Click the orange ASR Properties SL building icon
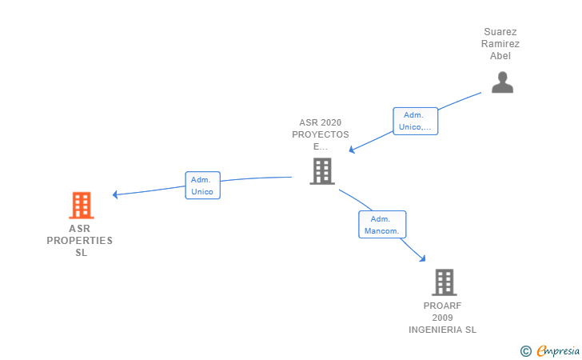tap(81, 206)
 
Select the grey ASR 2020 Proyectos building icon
tap(321, 170)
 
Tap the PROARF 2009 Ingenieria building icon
tap(444, 282)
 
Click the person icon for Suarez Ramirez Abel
tap(501, 82)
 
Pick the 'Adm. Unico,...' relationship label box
tap(416, 121)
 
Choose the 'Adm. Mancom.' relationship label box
tap(381, 225)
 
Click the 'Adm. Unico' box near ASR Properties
tap(202, 186)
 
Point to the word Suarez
tap(500, 32)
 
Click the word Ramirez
tap(500, 44)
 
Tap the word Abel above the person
tap(500, 56)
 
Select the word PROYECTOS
tap(320, 134)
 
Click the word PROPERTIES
tap(80, 241)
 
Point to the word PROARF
tap(443, 306)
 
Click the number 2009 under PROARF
tap(443, 318)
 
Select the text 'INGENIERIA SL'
tap(442, 330)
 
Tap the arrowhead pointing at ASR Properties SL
tap(116, 194)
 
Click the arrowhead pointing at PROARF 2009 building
tap(422, 258)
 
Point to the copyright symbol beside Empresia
tap(525, 350)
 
